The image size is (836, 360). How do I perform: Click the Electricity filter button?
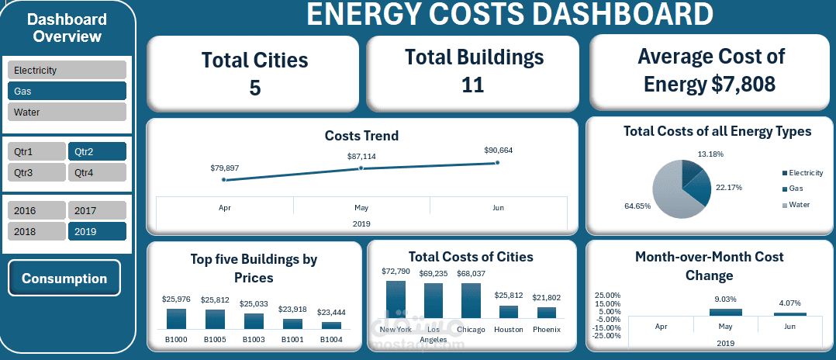(67, 70)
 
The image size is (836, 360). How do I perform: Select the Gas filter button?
(67, 91)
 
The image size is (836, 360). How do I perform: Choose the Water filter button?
(67, 112)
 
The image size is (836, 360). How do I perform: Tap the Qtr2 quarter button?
(97, 151)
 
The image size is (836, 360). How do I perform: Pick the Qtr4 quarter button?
(97, 172)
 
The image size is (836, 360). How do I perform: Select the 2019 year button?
(97, 231)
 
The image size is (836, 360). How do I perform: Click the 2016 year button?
(36, 210)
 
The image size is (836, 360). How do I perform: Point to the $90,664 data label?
(498, 151)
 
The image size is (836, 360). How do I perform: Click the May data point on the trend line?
(361, 168)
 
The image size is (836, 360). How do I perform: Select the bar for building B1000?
(176, 319)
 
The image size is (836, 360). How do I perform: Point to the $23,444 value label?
(330, 312)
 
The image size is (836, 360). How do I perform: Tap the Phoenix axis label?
(546, 330)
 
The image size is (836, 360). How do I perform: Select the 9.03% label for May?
(725, 299)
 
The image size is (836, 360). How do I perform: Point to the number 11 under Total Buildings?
(472, 85)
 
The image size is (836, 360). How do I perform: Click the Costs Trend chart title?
(361, 136)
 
